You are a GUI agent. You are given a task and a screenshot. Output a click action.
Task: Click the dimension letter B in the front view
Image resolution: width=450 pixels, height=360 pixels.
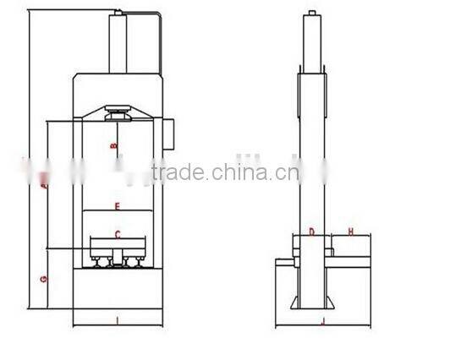(x=114, y=146)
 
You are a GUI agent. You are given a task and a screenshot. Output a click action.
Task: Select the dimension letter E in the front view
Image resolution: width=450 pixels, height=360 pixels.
(x=118, y=206)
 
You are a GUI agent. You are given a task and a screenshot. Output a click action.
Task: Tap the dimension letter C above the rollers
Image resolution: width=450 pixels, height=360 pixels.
(x=118, y=234)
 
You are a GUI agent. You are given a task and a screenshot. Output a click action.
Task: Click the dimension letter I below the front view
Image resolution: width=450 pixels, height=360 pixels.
(x=117, y=320)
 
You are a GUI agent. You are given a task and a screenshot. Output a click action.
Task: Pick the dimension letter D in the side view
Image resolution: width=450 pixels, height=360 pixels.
(x=311, y=231)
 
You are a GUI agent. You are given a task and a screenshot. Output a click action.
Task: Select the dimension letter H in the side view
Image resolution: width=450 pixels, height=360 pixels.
(x=350, y=231)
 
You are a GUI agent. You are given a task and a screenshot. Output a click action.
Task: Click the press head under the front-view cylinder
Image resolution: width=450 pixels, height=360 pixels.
(x=118, y=112)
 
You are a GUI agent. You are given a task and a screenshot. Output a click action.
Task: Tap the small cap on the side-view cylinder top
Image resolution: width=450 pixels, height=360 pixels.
(x=312, y=14)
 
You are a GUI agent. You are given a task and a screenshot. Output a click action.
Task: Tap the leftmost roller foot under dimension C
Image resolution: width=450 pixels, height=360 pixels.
(x=102, y=263)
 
